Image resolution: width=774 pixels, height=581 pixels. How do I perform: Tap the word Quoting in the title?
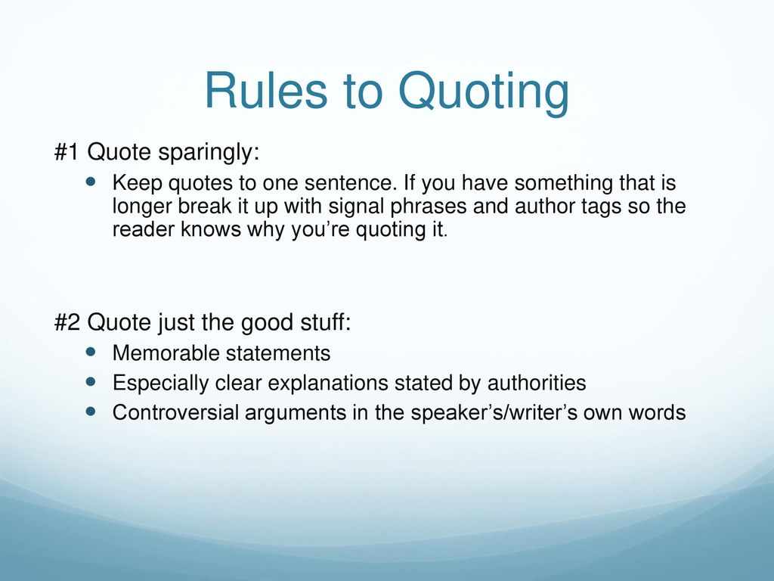[484, 94]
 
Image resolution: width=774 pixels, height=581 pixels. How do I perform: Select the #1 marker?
[67, 151]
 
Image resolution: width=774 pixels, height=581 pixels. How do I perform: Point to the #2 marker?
[67, 322]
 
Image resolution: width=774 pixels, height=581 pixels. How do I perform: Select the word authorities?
[537, 383]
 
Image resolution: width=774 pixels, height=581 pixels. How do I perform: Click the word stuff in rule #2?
[325, 322]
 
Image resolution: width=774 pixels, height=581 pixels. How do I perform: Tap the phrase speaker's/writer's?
[494, 413]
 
